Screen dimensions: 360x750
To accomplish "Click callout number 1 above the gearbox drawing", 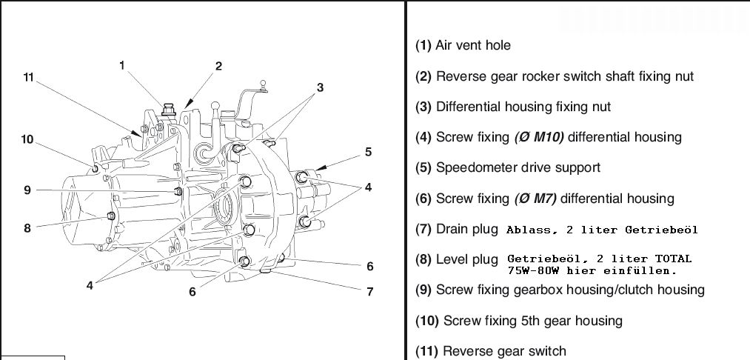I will [x=123, y=65].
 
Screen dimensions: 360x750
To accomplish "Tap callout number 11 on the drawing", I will [x=28, y=77].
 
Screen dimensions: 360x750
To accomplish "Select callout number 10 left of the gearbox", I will [x=27, y=139].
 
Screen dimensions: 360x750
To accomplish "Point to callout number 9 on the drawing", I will [x=27, y=190].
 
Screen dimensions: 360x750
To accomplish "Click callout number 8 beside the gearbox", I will [x=27, y=228].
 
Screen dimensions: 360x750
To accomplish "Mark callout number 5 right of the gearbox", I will [x=368, y=153].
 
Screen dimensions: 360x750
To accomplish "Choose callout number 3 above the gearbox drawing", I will [x=320, y=87].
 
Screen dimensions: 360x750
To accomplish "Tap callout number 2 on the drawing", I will [x=218, y=66].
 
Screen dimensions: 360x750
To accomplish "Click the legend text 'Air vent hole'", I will [x=473, y=45].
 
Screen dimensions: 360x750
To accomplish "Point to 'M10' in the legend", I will [x=548, y=137].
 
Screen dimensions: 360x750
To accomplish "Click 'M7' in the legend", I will [x=544, y=199].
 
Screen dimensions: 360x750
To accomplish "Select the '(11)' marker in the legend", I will [x=427, y=351].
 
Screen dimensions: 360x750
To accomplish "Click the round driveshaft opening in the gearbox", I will [x=224, y=207].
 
